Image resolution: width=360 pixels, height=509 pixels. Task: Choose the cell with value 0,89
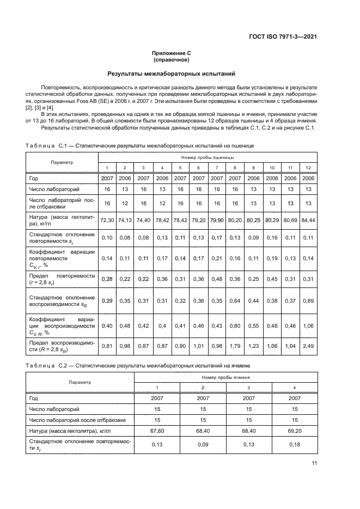click(x=309, y=301)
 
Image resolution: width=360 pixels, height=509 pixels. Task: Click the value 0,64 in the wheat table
click(x=235, y=301)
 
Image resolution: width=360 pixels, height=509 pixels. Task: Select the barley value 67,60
click(x=157, y=431)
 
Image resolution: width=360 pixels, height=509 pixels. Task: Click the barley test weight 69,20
click(x=295, y=431)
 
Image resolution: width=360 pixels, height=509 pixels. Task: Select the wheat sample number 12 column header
click(x=309, y=168)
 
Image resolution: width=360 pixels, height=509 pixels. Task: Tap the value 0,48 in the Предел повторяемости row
click(x=217, y=279)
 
